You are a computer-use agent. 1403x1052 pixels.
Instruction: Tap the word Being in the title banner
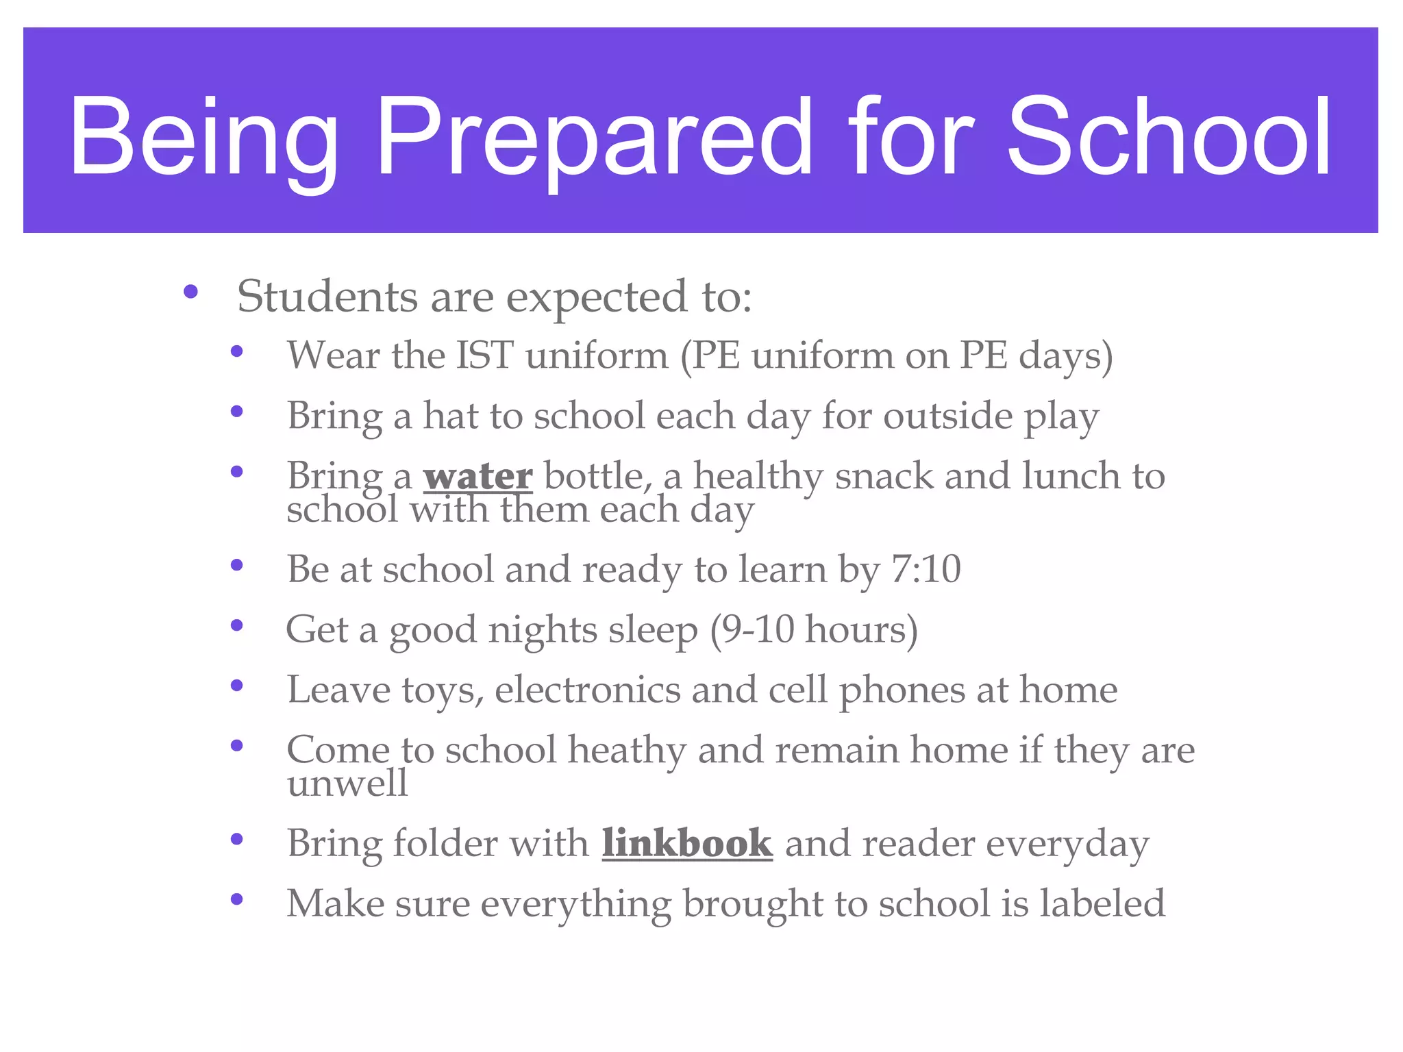203,137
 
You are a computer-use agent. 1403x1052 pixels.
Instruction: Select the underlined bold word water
477,476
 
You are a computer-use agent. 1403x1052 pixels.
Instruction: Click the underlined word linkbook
687,843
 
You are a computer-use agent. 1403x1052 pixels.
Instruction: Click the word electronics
587,690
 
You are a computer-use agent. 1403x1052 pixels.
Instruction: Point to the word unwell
347,783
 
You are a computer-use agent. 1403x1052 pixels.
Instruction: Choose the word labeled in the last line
1102,903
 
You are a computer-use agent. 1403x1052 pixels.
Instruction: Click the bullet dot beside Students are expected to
190,293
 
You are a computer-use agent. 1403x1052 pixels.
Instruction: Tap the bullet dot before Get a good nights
237,625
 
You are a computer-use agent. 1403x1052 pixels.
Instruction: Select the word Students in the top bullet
327,297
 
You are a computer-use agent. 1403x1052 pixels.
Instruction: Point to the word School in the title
1169,137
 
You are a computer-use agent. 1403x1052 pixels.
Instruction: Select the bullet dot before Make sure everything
237,899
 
